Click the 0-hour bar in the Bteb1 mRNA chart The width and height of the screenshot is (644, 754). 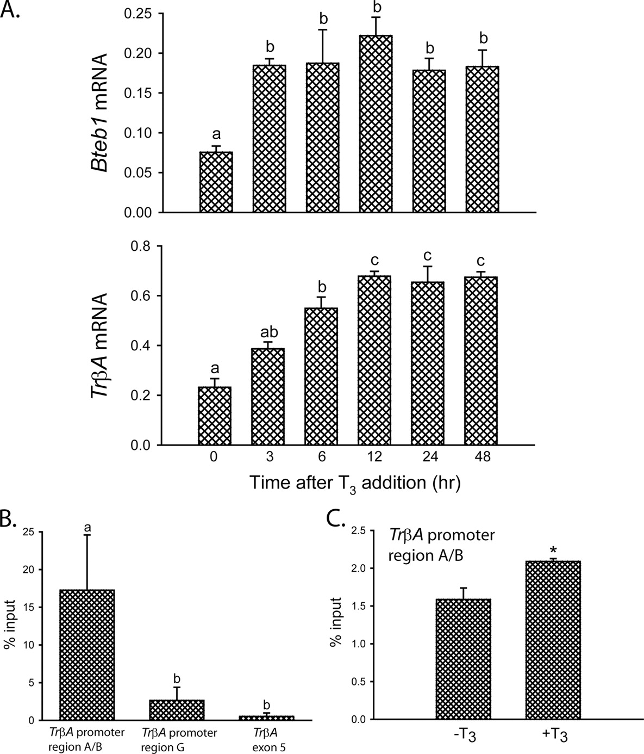click(x=216, y=182)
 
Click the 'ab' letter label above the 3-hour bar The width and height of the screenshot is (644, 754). click(x=268, y=331)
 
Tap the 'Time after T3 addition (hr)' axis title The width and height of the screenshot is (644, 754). click(x=356, y=483)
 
